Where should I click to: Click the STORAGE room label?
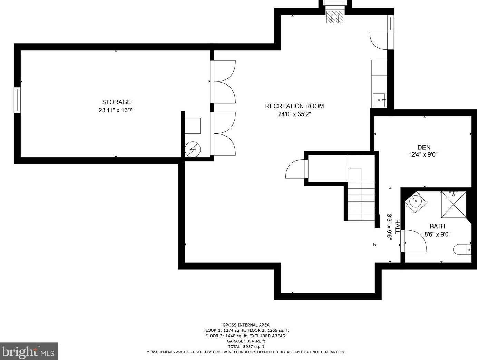(x=116, y=102)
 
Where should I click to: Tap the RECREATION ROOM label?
(x=294, y=106)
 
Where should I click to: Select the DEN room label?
(x=424, y=147)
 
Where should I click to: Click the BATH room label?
(x=437, y=226)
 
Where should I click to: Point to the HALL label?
(x=397, y=227)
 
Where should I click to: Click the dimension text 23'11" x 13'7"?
(x=116, y=110)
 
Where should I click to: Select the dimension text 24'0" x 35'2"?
(x=294, y=114)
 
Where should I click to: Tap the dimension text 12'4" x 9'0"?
(x=423, y=155)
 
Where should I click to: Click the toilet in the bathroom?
(x=461, y=249)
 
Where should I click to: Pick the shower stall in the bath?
(x=454, y=204)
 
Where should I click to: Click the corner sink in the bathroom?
(x=415, y=200)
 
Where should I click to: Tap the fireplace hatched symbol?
(x=334, y=17)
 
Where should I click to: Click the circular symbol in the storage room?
(x=192, y=149)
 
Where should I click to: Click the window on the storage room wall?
(x=17, y=100)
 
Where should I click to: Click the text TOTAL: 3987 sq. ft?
(x=246, y=347)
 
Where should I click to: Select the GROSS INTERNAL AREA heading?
(x=246, y=325)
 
